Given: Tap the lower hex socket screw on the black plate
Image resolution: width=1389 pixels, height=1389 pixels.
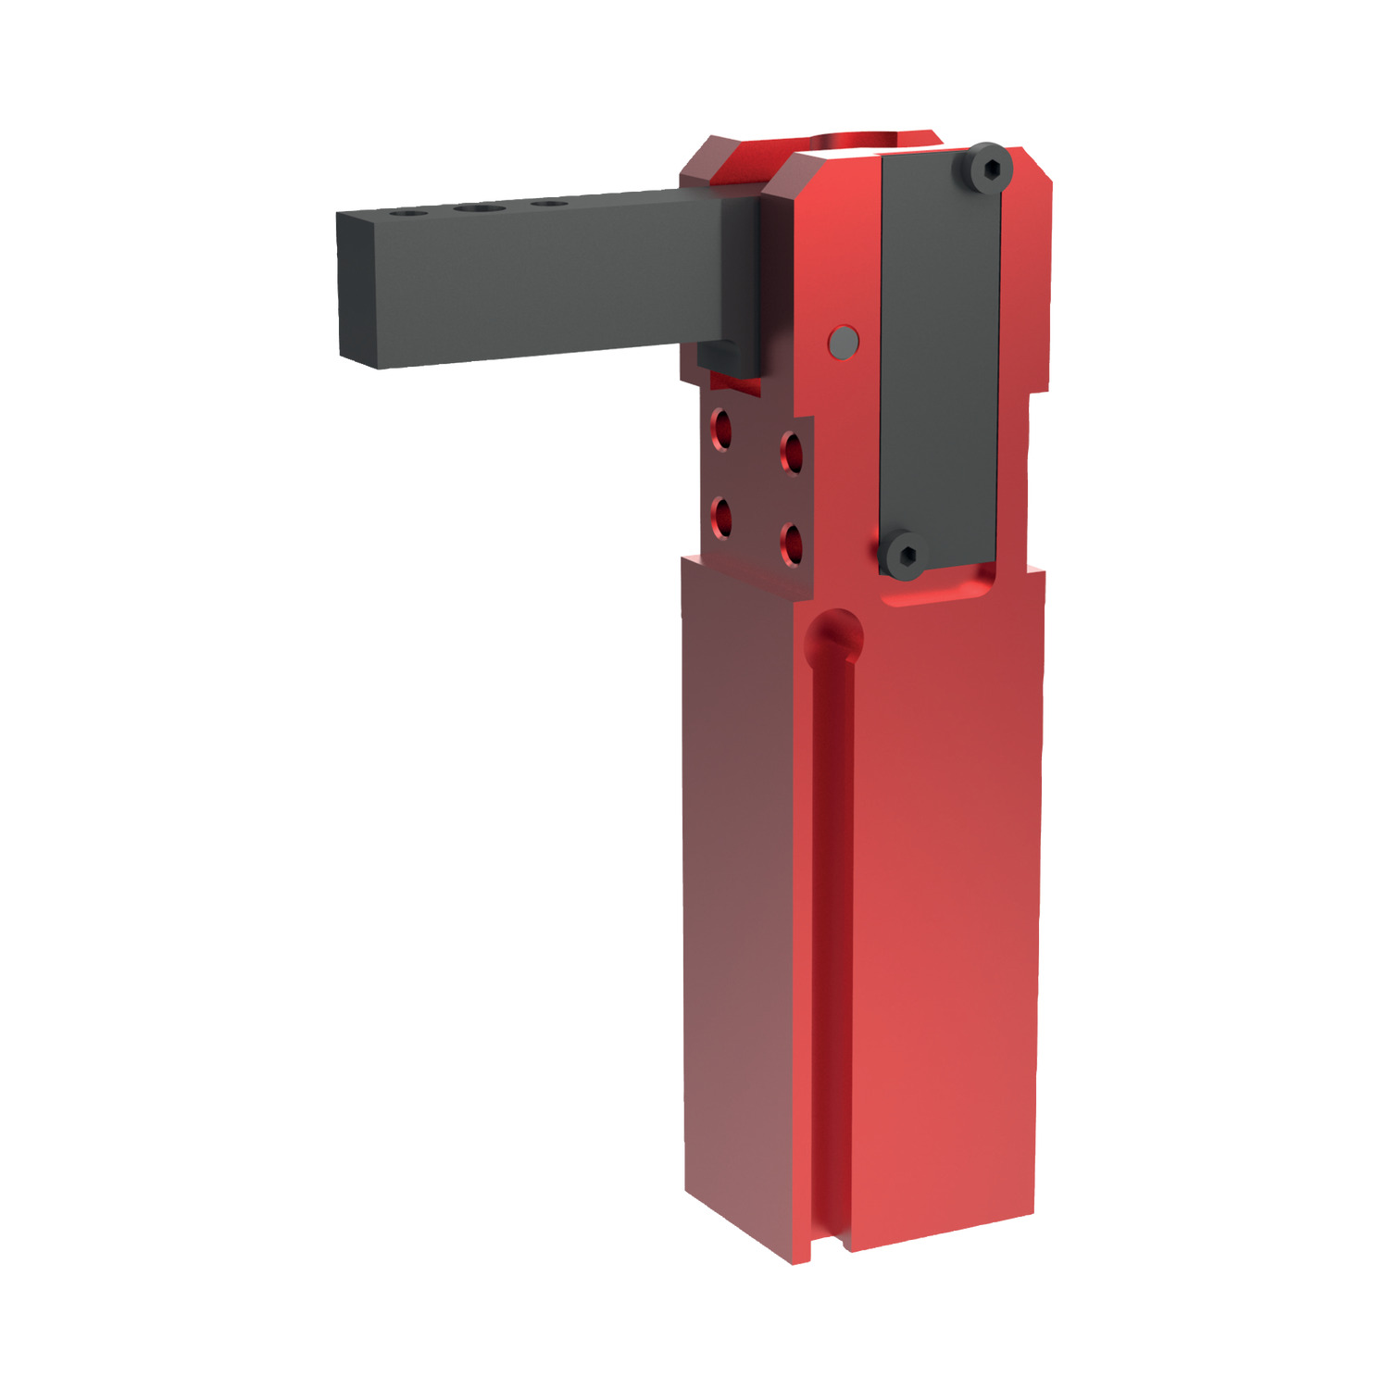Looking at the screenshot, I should click(904, 556).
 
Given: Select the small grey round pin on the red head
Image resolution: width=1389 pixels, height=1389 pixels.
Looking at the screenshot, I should click(843, 342).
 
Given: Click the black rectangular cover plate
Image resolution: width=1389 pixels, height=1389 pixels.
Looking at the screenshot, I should click(940, 361).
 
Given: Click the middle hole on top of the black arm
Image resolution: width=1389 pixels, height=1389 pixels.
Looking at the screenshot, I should click(479, 208).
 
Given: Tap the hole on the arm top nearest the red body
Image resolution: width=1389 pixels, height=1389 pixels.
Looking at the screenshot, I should click(550, 203).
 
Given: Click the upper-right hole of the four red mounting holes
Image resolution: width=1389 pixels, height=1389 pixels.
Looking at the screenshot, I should click(793, 451).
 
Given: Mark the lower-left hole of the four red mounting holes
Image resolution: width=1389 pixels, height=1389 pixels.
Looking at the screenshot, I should click(721, 516).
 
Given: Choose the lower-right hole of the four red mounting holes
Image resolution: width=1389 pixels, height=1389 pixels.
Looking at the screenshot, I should click(792, 543).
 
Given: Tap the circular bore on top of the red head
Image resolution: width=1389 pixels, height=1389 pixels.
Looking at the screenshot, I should click(852, 141).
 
